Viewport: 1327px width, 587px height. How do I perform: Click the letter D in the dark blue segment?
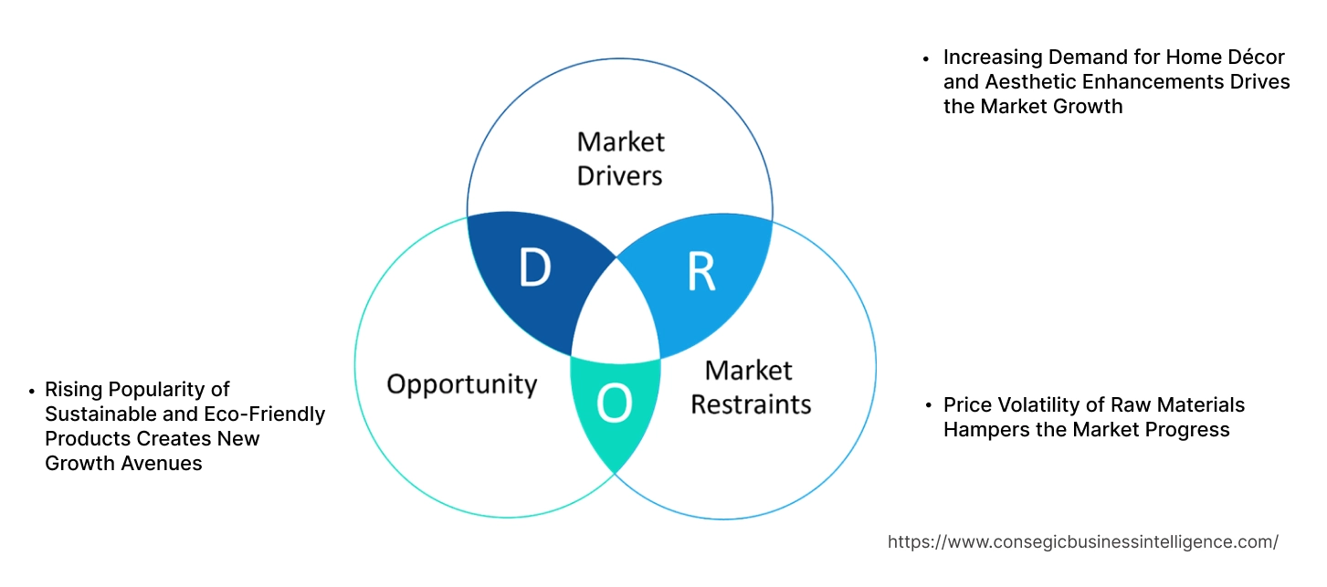pos(534,267)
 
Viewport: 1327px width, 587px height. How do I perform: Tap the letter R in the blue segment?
pos(700,270)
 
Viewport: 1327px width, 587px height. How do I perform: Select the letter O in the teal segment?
pos(614,404)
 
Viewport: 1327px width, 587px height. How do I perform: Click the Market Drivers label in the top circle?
pos(620,158)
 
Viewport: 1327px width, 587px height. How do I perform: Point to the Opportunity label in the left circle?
pos(461,383)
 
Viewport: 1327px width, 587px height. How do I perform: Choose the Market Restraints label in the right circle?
pos(750,386)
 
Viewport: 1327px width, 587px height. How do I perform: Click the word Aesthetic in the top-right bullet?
pos(1027,81)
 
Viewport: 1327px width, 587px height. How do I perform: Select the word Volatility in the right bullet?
pos(1037,404)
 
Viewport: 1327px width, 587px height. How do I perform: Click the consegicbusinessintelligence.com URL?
pos(1082,541)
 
